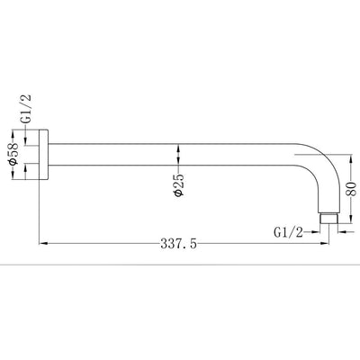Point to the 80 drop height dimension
352,190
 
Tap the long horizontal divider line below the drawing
180,266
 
